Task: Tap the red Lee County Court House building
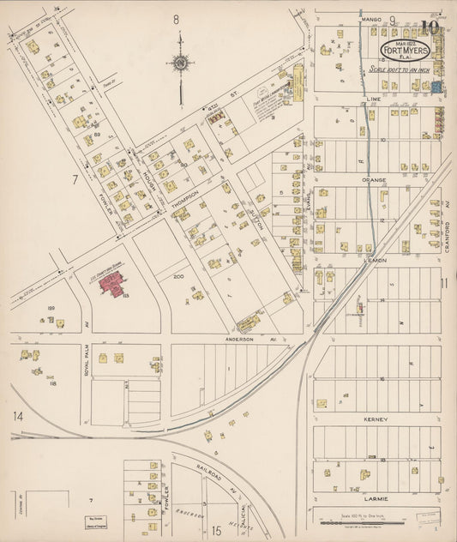[113, 283]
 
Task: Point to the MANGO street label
[370, 17]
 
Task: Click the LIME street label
[372, 99]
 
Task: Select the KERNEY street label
[376, 419]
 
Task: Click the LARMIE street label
[376, 498]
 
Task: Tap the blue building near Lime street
[436, 87]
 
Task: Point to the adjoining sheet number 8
[176, 18]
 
